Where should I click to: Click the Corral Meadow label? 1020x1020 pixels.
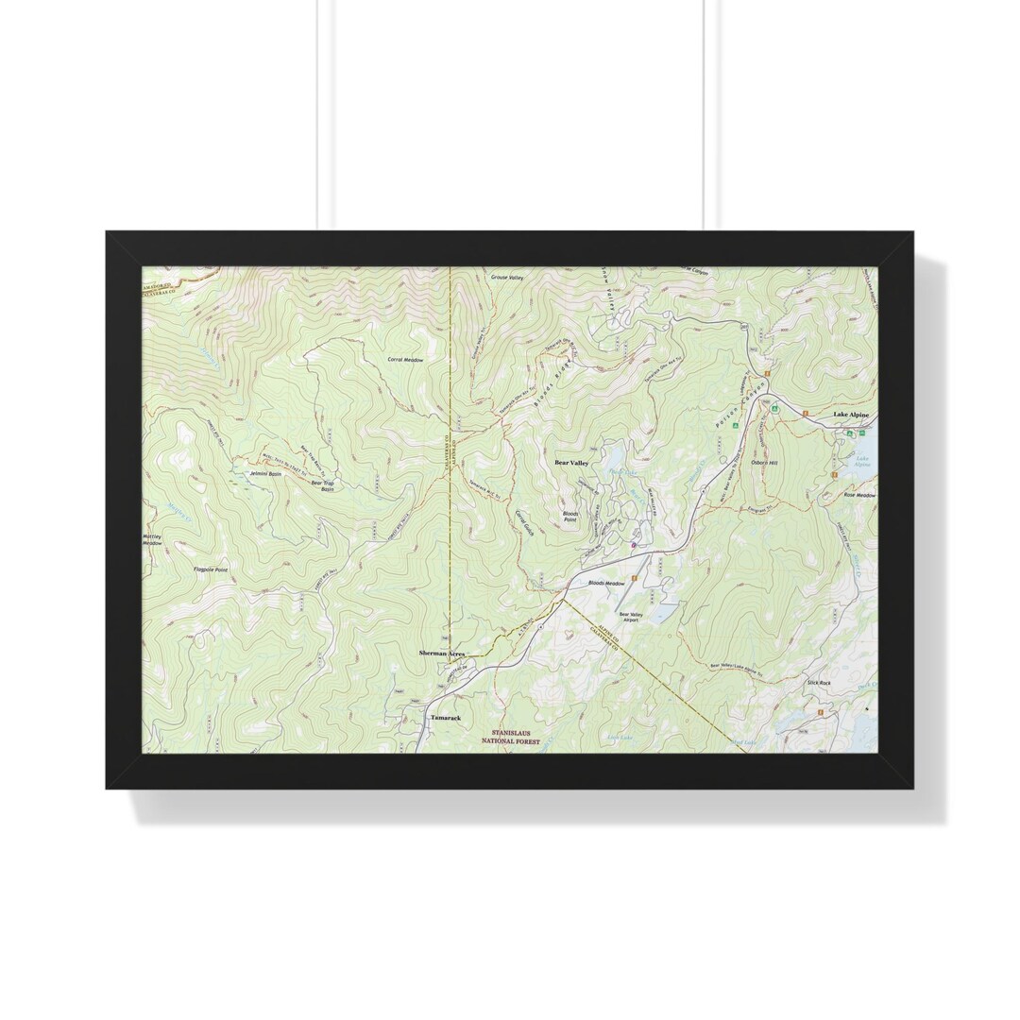(x=405, y=360)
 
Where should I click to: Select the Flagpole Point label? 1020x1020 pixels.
(x=211, y=570)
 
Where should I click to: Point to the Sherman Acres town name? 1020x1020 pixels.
(x=442, y=653)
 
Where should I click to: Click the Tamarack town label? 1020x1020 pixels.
(x=446, y=718)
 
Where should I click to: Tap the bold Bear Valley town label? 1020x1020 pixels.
(x=571, y=463)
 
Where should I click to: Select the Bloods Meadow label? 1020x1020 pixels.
(x=606, y=584)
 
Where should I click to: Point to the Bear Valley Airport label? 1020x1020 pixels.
(x=629, y=617)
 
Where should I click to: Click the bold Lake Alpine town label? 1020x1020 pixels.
(x=850, y=416)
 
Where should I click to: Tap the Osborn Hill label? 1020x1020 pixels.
(x=764, y=463)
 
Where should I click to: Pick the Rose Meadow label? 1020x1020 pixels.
(x=859, y=495)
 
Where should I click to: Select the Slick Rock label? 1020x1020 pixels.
(x=818, y=682)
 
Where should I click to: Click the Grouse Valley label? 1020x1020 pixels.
(x=506, y=278)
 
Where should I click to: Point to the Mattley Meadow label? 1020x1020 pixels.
(x=152, y=539)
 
